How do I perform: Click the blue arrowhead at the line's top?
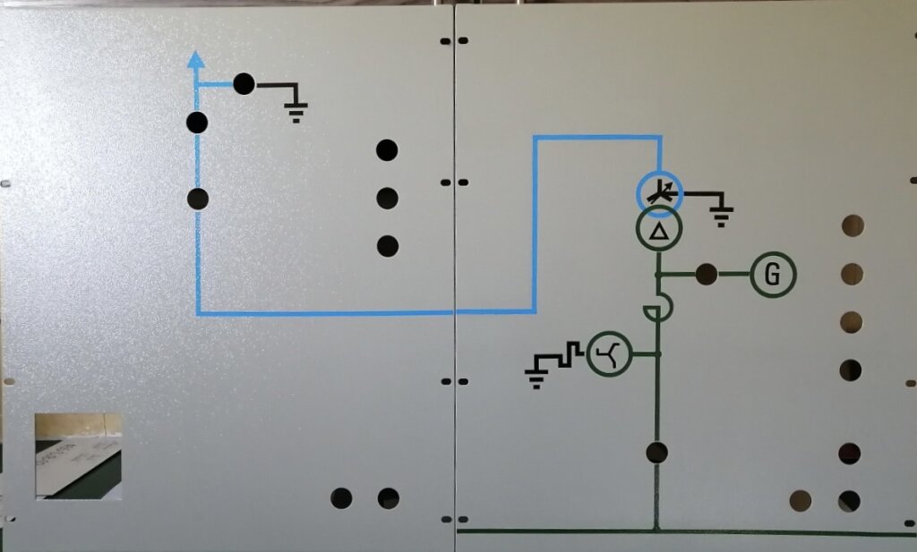[x=196, y=60]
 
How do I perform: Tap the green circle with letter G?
[x=773, y=274]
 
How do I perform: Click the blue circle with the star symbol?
[x=659, y=194]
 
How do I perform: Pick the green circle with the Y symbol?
[x=609, y=353]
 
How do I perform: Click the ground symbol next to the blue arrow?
[x=296, y=110]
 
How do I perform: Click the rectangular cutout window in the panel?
[x=79, y=456]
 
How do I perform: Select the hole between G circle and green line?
[x=707, y=274]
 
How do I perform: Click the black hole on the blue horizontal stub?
[x=244, y=84]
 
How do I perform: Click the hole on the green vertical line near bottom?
[x=656, y=453]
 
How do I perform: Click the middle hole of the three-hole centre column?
[x=387, y=199]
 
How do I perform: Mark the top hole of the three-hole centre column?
[x=387, y=150]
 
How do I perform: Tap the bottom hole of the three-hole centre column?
[x=387, y=246]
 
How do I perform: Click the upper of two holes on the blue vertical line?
[x=197, y=123]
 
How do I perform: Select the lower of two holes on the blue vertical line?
[x=198, y=200]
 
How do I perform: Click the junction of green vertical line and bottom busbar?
[x=656, y=531]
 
